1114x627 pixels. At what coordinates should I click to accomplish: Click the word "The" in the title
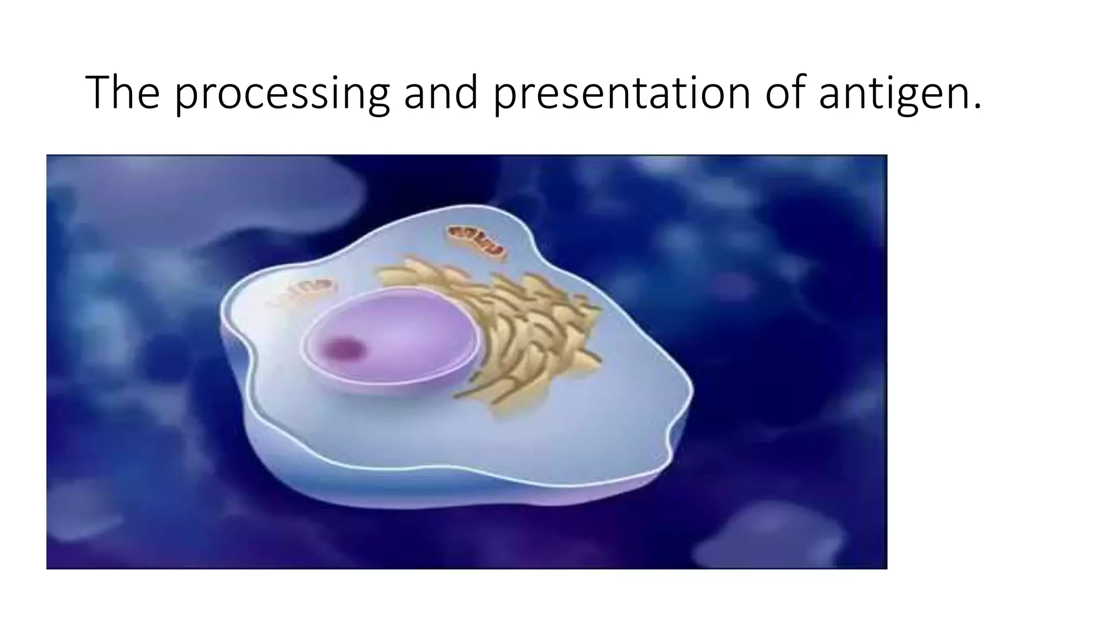click(x=122, y=93)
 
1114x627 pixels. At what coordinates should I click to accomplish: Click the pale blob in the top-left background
click(x=207, y=196)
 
